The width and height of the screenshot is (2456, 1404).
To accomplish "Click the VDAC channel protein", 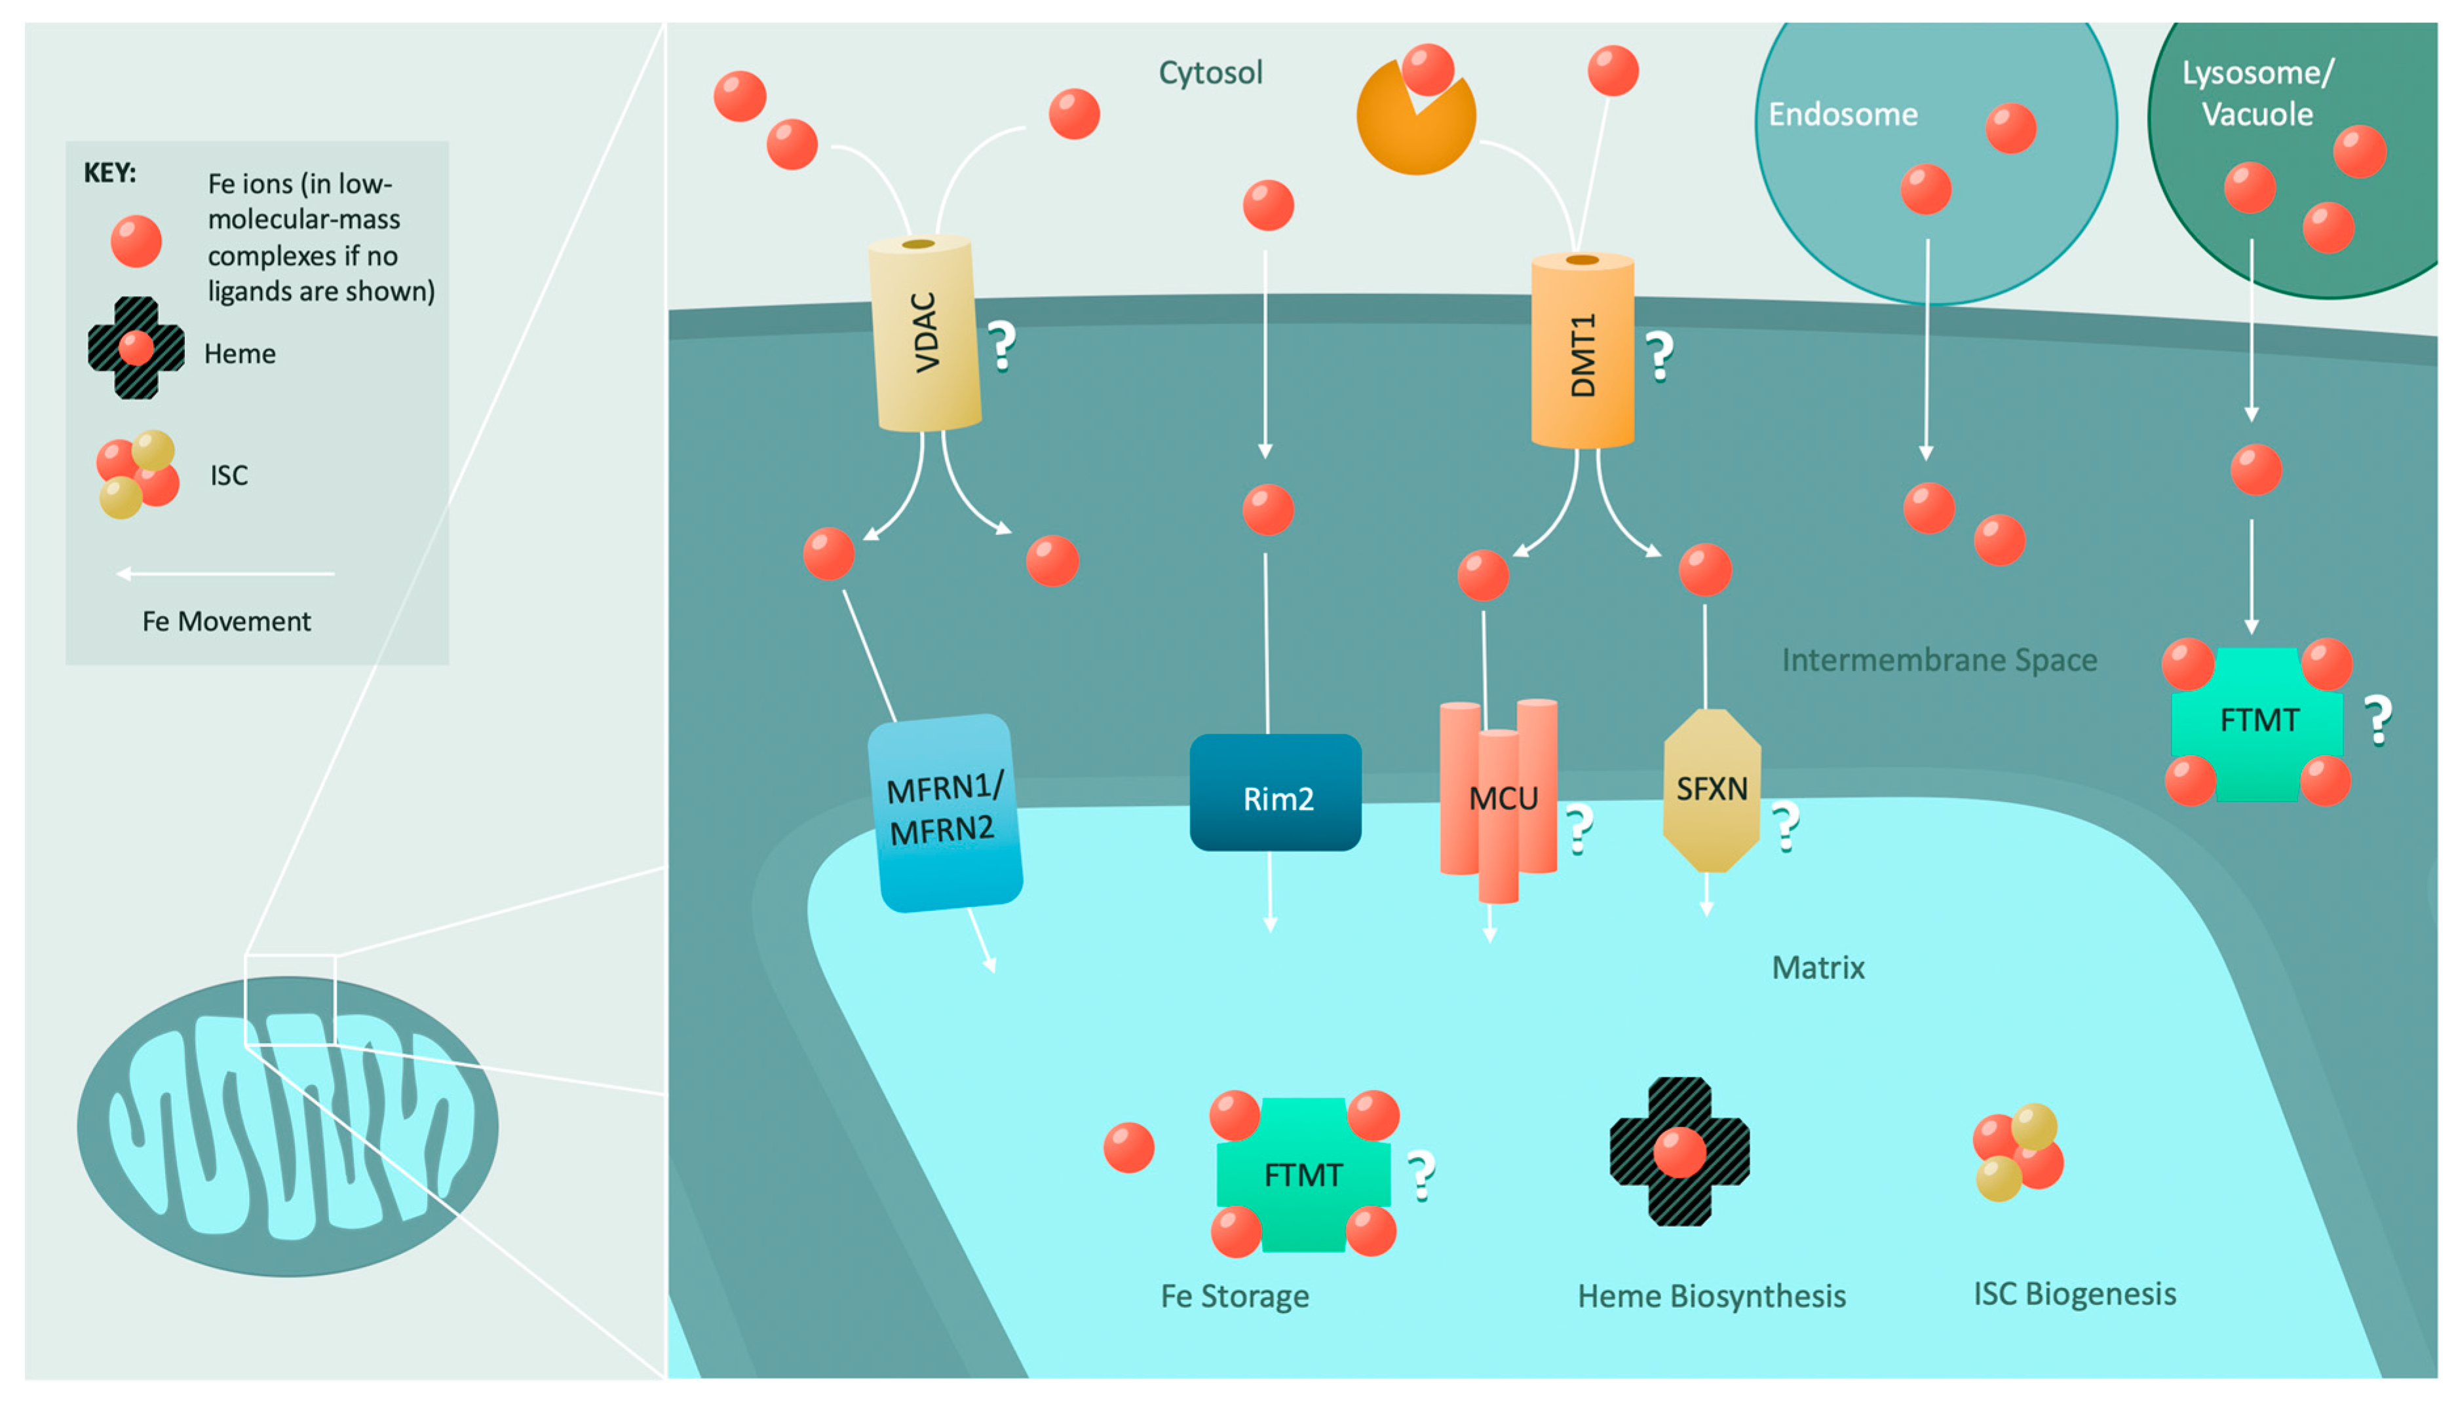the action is [924, 333].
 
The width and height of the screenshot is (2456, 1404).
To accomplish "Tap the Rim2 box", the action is [1275, 792].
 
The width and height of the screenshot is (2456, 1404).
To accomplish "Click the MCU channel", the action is [1498, 800].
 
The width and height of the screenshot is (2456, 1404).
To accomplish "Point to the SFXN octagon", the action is [1712, 790].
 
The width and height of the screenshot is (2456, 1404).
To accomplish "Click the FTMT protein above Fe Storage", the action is [1303, 1173].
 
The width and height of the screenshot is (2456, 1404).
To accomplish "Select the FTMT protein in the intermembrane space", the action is [2257, 721].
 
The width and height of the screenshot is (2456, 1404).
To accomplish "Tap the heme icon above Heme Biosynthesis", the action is [1679, 1151].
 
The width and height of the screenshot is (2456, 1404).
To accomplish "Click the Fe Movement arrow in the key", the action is [225, 574].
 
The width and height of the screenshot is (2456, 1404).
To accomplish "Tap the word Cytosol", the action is [1211, 72].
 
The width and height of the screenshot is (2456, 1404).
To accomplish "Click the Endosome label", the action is [1843, 115].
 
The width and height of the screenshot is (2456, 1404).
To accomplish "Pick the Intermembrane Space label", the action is [1939, 659].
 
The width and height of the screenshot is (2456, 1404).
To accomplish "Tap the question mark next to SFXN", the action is [1786, 826].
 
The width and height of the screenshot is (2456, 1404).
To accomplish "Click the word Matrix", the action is [1818, 967].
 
